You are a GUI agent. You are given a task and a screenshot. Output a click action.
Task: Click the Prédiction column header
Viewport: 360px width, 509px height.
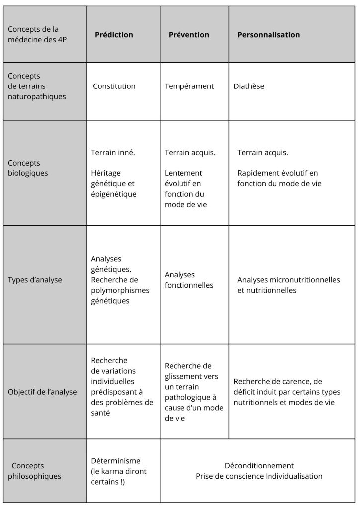click(x=114, y=35)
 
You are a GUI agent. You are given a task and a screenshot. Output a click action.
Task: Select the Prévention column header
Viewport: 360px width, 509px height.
click(x=188, y=35)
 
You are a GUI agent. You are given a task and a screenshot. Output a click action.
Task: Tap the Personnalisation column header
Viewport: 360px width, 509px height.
click(x=269, y=35)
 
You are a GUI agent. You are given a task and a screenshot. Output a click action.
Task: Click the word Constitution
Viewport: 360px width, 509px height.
click(x=114, y=86)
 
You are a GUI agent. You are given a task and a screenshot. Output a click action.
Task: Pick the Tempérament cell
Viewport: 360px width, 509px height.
click(x=189, y=86)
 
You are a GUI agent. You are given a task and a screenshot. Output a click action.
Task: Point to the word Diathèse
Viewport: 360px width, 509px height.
click(x=249, y=86)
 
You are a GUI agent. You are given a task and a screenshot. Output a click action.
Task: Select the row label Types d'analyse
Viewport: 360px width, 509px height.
click(x=35, y=280)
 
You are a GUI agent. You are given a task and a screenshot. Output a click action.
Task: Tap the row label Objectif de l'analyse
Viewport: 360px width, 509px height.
click(x=42, y=392)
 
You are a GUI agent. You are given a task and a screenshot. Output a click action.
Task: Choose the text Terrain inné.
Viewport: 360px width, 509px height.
click(x=113, y=153)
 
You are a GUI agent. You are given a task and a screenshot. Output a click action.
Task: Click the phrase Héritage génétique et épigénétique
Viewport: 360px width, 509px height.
click(x=113, y=184)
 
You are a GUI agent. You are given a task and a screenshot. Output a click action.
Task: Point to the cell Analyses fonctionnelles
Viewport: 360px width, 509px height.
click(x=189, y=280)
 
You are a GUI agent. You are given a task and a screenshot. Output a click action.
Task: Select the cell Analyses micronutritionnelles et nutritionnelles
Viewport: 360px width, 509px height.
click(x=288, y=285)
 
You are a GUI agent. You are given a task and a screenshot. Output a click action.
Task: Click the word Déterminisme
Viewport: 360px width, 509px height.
click(x=116, y=461)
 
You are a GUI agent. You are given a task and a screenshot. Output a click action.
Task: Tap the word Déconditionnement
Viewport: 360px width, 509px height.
click(x=259, y=466)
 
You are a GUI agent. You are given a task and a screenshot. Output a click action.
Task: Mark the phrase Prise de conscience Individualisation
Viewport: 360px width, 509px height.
click(x=259, y=476)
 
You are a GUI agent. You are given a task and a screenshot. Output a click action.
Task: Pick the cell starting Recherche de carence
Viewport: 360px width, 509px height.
click(x=287, y=392)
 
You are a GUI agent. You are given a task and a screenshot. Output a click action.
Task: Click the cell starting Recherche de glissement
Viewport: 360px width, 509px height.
click(x=191, y=392)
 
